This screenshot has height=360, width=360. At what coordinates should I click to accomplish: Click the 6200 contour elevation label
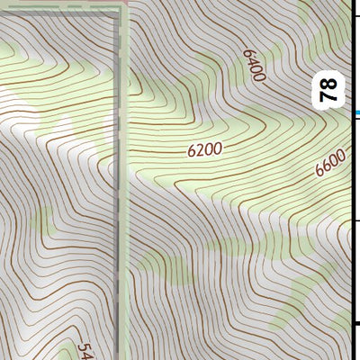tap(204, 150)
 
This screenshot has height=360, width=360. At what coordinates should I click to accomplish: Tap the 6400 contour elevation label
tap(255, 65)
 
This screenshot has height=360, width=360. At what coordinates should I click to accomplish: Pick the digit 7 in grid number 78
tap(330, 95)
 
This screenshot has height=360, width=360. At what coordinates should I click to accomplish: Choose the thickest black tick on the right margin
tap(356, 324)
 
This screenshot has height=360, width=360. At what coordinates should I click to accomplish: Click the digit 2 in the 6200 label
tap(200, 151)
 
